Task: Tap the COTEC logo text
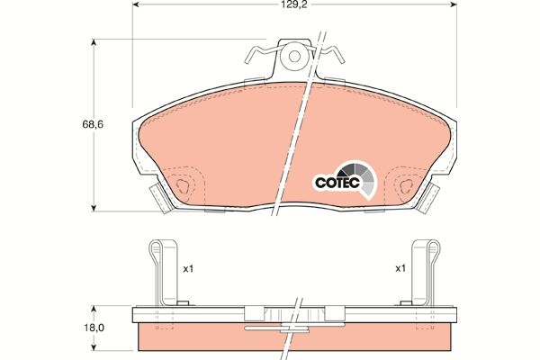click(x=337, y=183)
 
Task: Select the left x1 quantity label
click(x=188, y=268)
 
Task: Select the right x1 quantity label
click(x=400, y=268)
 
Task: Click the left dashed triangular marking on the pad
click(x=184, y=186)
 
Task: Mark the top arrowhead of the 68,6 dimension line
click(x=97, y=42)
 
